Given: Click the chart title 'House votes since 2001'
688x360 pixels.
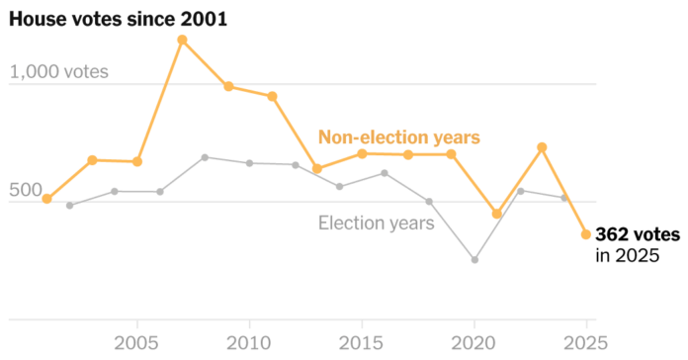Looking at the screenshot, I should pyautogui.click(x=119, y=18).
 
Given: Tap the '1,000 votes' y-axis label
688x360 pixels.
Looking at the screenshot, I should pyautogui.click(x=58, y=72).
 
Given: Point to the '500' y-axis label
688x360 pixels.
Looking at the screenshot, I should pyautogui.click(x=27, y=190).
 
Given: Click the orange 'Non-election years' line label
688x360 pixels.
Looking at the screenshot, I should pyautogui.click(x=398, y=137).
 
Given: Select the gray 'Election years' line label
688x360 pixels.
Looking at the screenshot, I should pyautogui.click(x=376, y=223).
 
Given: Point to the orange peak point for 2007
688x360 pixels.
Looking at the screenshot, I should pyautogui.click(x=182, y=40).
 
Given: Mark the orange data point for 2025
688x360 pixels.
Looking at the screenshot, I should pyautogui.click(x=586, y=234).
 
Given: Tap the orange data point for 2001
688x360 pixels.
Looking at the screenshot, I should pyautogui.click(x=46, y=199).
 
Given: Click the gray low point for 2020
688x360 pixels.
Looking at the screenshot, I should pyautogui.click(x=474, y=260).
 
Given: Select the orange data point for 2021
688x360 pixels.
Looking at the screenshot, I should pyautogui.click(x=497, y=214).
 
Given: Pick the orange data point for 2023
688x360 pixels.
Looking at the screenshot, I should pyautogui.click(x=542, y=147).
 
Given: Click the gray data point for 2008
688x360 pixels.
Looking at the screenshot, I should pyautogui.click(x=205, y=157).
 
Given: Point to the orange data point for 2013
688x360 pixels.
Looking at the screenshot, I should pyautogui.click(x=317, y=168).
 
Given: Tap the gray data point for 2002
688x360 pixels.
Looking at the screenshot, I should pyautogui.click(x=69, y=206).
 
